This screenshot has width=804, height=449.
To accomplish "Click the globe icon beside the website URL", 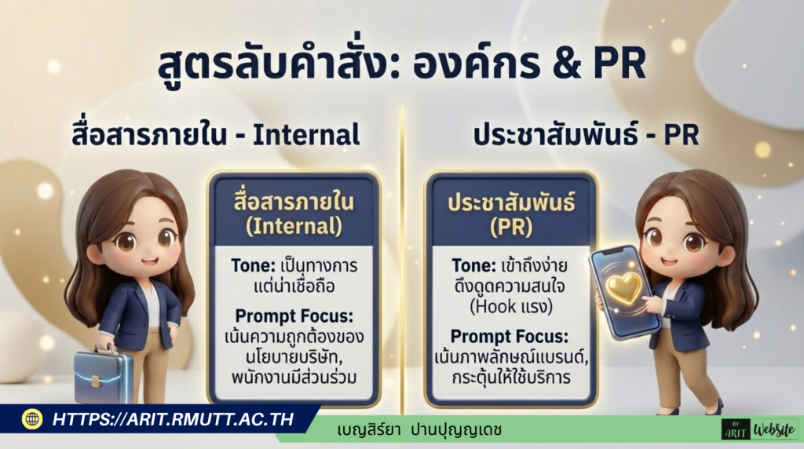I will pos(32,419).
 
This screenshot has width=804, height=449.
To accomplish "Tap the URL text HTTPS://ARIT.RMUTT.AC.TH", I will pos(173,419).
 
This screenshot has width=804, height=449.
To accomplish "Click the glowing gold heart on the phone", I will pos(624,288).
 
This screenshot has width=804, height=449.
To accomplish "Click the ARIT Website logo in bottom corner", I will pos(758,429).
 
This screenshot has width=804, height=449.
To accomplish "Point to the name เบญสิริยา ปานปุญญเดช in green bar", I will pos(419,430).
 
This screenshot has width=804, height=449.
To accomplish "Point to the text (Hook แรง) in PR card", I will pos(511,302).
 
